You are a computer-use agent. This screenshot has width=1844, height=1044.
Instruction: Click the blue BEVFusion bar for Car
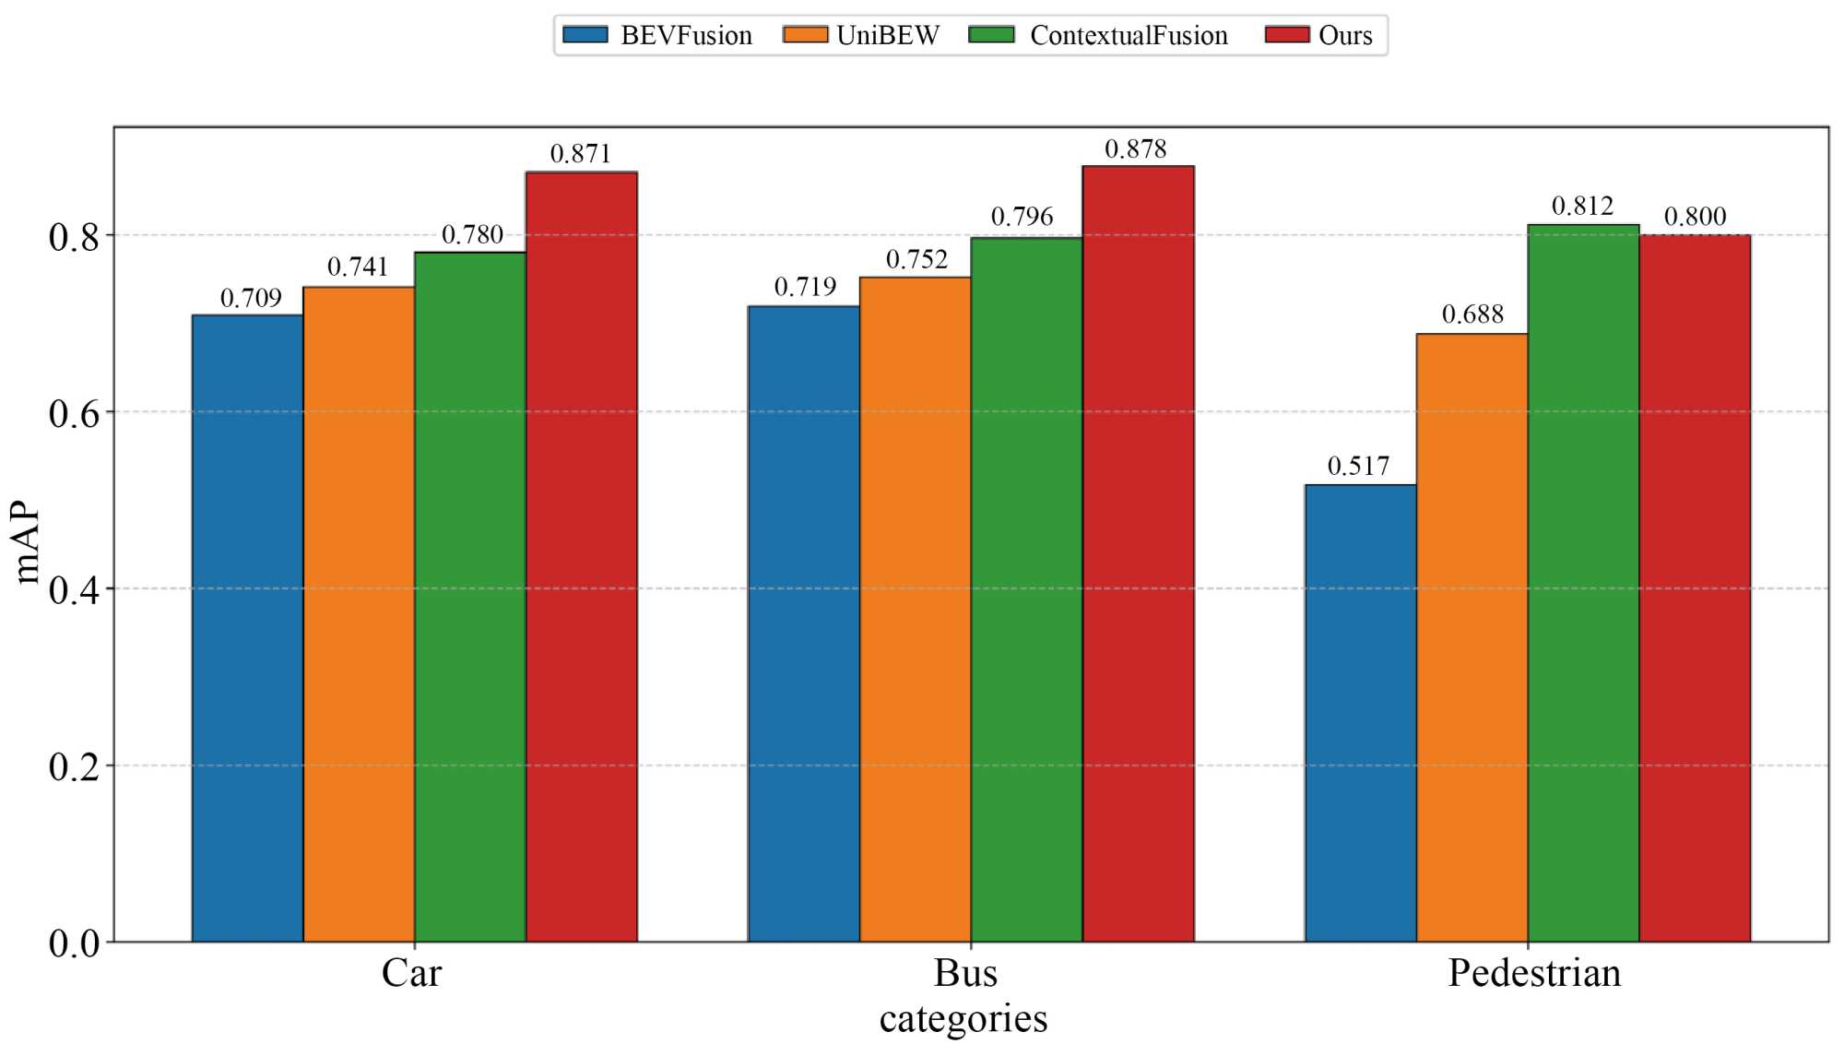[247, 627]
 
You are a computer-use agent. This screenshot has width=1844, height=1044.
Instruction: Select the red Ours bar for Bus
[1138, 553]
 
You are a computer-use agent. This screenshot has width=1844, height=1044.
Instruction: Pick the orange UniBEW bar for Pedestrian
[1472, 636]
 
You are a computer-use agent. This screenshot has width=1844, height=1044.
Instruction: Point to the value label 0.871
[581, 154]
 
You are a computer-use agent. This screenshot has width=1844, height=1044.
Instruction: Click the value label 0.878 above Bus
[1136, 149]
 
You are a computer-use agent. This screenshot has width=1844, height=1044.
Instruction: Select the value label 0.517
[1358, 467]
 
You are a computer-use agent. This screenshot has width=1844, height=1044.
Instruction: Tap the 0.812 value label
[1582, 207]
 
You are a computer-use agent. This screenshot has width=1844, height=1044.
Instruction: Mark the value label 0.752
[916, 260]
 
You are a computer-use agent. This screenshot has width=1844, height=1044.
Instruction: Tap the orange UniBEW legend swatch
[805, 35]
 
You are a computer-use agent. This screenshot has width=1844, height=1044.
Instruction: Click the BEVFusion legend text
[687, 36]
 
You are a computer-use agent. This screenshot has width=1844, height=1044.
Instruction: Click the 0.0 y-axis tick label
[74, 943]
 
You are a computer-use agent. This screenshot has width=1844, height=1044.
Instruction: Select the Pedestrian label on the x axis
[1534, 974]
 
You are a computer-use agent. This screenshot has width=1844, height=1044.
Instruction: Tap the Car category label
[412, 974]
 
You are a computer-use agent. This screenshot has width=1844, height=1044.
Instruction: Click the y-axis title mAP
[28, 543]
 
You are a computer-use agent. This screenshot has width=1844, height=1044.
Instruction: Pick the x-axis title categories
[963, 1019]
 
